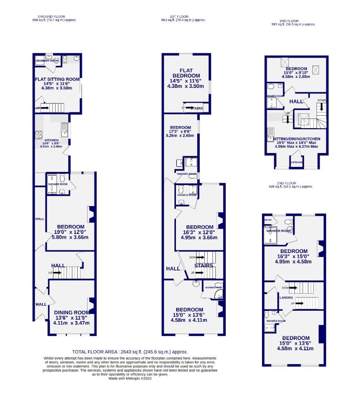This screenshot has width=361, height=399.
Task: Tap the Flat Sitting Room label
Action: click(x=57, y=79)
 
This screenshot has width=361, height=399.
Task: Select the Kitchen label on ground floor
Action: click(x=51, y=140)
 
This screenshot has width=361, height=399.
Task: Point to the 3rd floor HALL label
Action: click(x=296, y=101)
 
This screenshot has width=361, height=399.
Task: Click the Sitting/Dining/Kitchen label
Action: click(x=296, y=139)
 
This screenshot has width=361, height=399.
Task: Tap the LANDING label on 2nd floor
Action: click(x=286, y=297)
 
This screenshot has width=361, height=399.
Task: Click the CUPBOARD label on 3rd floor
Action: click(x=296, y=162)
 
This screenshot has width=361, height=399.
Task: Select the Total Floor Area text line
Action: click(x=130, y=352)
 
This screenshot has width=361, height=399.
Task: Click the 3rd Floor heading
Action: click(x=289, y=21)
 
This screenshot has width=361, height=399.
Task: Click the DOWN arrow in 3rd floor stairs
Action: click(x=321, y=108)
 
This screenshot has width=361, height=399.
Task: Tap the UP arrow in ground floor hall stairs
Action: click(x=57, y=273)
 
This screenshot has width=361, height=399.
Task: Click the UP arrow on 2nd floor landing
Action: click(x=299, y=303)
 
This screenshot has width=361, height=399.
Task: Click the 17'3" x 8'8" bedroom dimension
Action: click(x=180, y=132)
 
